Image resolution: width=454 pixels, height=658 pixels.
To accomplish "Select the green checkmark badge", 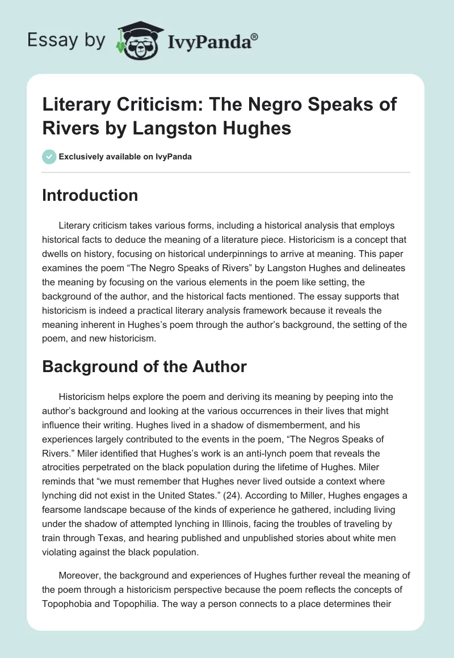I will tap(49, 157).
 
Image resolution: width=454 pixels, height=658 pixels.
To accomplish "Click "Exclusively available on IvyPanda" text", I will tap(125, 157).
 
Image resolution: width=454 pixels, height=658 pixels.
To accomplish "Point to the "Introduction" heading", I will tap(90, 195).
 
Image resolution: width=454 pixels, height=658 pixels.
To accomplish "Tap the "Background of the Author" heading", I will tap(144, 366).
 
